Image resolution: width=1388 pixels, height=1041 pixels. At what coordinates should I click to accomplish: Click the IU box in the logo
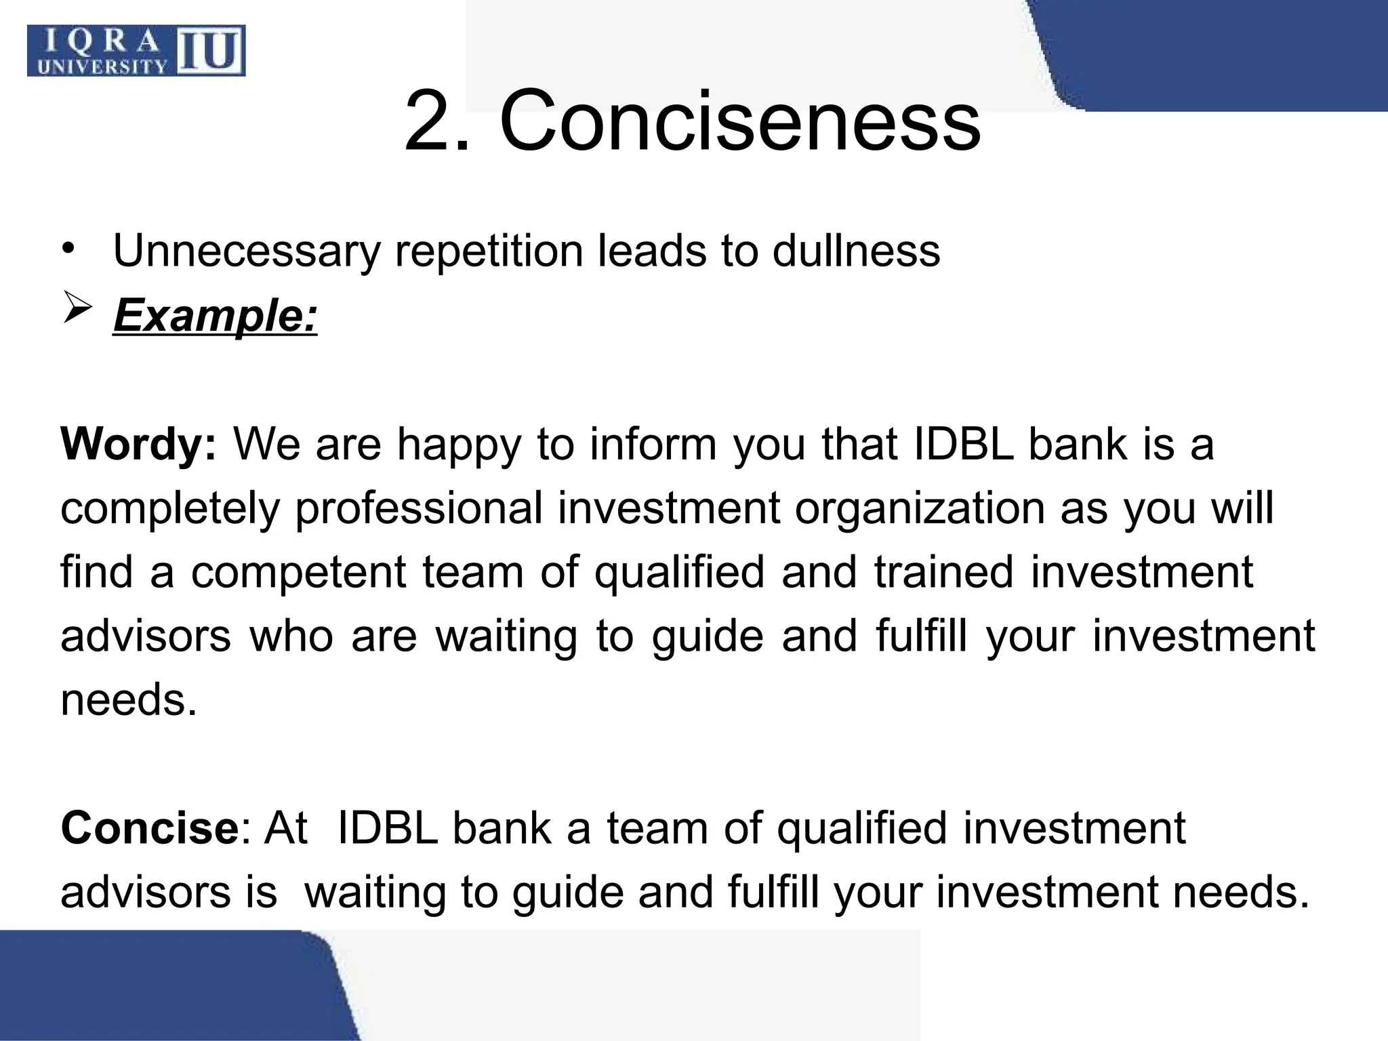pyautogui.click(x=211, y=52)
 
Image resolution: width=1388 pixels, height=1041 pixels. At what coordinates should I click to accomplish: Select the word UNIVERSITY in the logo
pyautogui.click(x=102, y=66)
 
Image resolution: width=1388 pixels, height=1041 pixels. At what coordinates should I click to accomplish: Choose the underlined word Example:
pyautogui.click(x=215, y=315)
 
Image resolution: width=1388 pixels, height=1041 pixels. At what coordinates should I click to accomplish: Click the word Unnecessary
pyautogui.click(x=247, y=251)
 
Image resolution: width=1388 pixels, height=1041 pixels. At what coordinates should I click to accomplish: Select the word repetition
pyautogui.click(x=489, y=251)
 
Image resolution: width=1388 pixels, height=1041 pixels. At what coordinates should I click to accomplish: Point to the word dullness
pyautogui.click(x=856, y=251)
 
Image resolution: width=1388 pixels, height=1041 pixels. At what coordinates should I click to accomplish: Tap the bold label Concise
pyautogui.click(x=147, y=828)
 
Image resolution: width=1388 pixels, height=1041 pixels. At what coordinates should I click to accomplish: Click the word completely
pyautogui.click(x=169, y=508)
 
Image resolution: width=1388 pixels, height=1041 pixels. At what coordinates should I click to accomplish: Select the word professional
pyautogui.click(x=418, y=508)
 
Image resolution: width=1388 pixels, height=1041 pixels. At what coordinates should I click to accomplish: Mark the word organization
pyautogui.click(x=920, y=508)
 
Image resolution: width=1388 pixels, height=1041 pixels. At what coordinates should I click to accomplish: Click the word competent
pyautogui.click(x=298, y=572)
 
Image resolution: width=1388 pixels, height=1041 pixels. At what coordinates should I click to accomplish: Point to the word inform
pyautogui.click(x=653, y=445)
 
